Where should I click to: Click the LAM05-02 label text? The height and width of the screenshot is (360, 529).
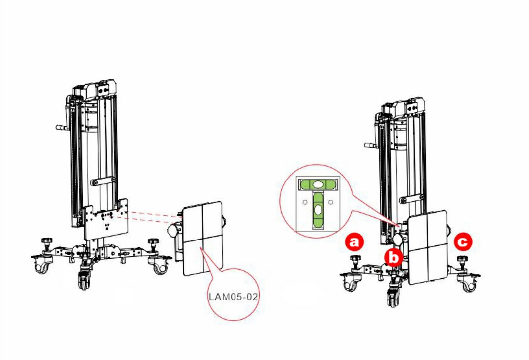tap(234, 297)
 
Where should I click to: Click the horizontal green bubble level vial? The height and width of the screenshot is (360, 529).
tap(317, 184)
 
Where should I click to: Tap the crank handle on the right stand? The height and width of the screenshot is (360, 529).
tap(371, 145)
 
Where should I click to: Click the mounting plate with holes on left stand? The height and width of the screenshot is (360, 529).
tap(106, 219)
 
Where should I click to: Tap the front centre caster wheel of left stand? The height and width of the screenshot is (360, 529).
tap(83, 278)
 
